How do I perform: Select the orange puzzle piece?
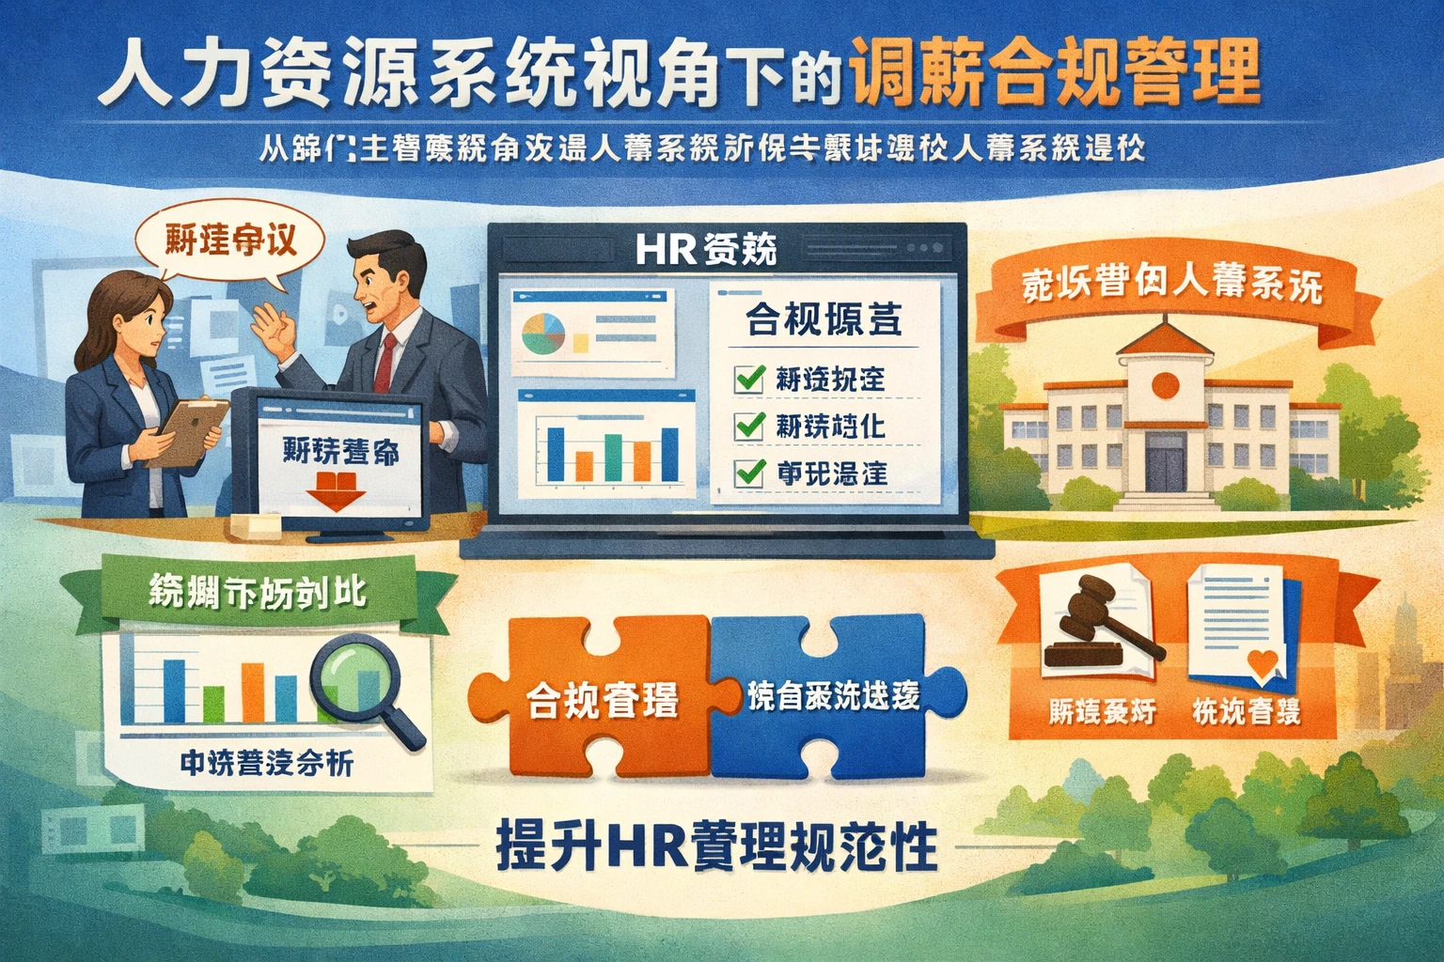pyautogui.click(x=592, y=695)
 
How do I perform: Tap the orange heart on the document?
pyautogui.click(x=1263, y=663)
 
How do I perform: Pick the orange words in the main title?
pyautogui.click(x=1053, y=77)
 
